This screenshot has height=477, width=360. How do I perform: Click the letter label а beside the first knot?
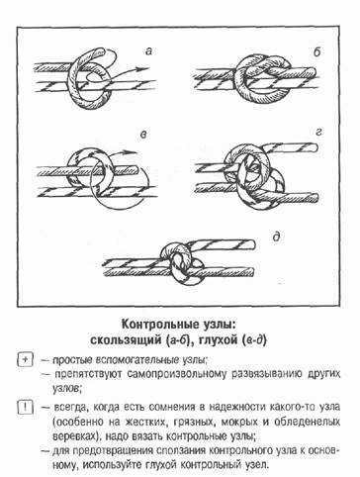click(146, 48)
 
